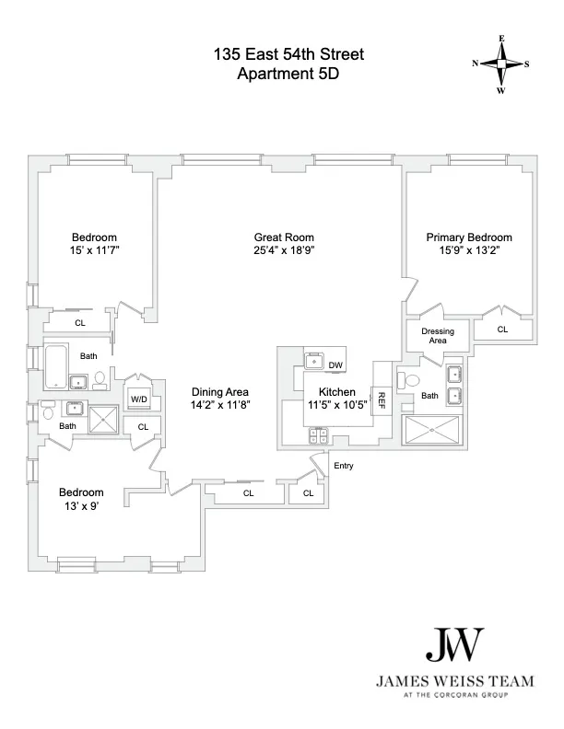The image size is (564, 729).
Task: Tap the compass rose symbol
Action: tap(501, 64)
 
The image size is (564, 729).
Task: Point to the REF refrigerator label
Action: tap(380, 400)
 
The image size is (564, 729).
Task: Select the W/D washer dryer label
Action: tap(139, 399)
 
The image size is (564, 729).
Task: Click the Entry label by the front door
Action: tap(343, 466)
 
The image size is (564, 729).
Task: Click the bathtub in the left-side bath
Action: tap(55, 366)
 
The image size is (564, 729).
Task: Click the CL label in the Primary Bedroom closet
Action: tap(502, 329)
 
